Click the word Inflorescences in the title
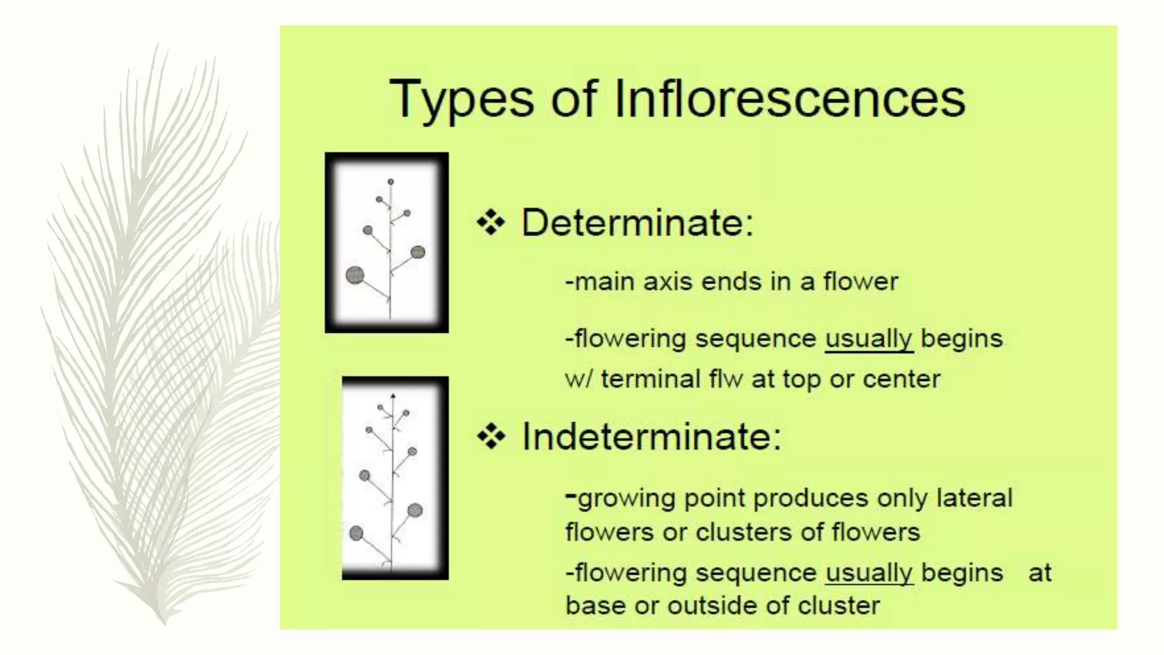click(x=790, y=99)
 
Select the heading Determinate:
click(x=637, y=222)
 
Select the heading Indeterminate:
click(x=651, y=437)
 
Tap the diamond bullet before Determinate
click(x=490, y=222)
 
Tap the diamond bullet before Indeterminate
click(x=491, y=437)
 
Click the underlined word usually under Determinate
click(x=868, y=339)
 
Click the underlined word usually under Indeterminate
click(x=869, y=573)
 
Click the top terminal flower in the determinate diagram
click(x=390, y=182)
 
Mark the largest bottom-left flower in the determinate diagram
click(x=355, y=275)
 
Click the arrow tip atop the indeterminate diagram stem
click(x=393, y=395)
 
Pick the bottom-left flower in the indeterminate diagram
click(x=356, y=533)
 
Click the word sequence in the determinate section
click(x=755, y=339)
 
